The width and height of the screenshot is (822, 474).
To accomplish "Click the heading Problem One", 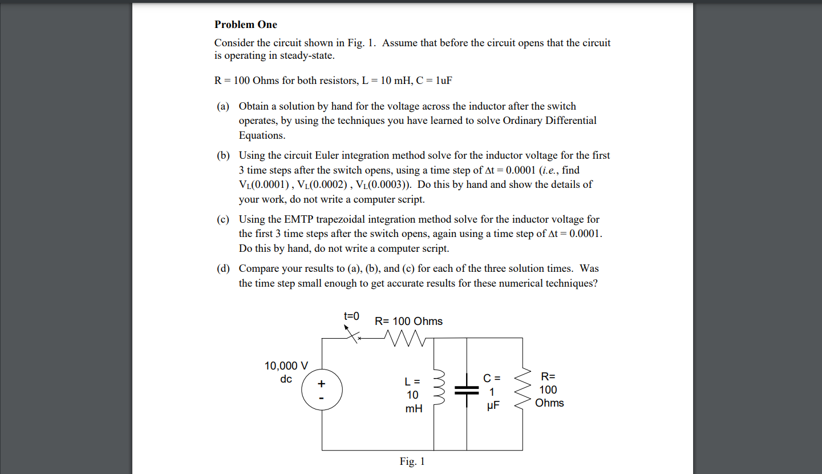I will click(x=246, y=25).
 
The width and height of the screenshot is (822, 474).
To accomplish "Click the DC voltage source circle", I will click(x=322, y=390).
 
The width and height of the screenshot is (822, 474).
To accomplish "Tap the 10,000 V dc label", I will click(x=286, y=372).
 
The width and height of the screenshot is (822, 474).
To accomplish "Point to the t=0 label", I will click(x=351, y=316).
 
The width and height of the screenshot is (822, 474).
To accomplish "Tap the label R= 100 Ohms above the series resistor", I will click(x=408, y=322).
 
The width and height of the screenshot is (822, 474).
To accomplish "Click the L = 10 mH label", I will click(x=413, y=395).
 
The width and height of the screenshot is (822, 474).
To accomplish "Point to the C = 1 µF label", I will click(x=491, y=392).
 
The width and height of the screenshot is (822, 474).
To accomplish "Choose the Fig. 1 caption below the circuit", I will click(x=412, y=461).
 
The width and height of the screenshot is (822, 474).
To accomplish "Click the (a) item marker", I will click(x=222, y=106).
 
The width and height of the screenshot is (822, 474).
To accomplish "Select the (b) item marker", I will click(x=222, y=155).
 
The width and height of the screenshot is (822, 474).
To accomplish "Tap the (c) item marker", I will click(x=222, y=219).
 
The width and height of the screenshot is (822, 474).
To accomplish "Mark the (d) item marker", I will click(x=222, y=268).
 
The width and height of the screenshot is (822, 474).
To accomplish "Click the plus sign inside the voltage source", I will click(x=322, y=383).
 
